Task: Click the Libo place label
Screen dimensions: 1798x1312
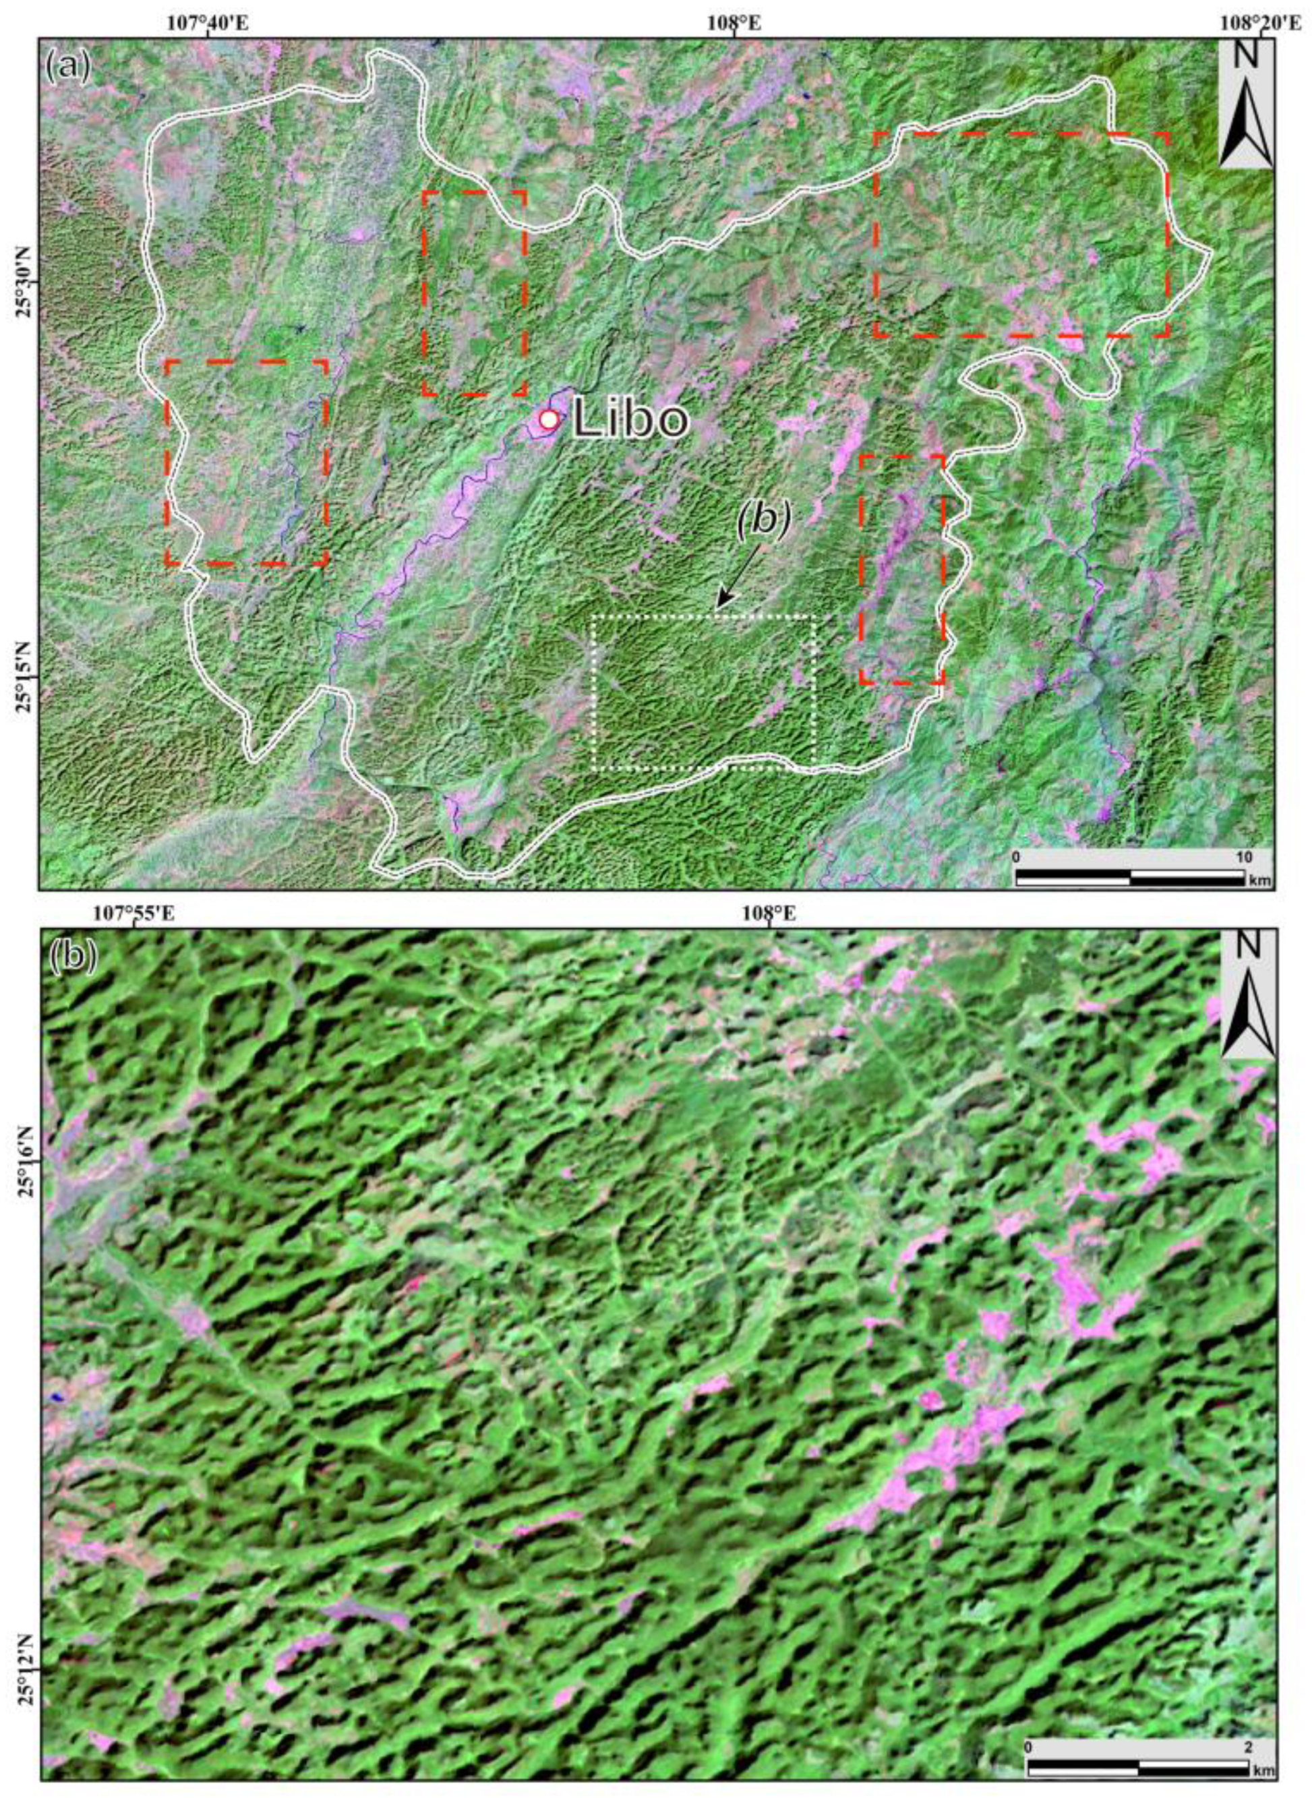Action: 629,419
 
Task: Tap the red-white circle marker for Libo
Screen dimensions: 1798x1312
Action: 548,419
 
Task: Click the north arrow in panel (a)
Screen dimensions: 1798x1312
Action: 1246,103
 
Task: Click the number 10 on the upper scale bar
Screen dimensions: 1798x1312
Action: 1244,858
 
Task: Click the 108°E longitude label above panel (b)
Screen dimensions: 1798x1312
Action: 769,914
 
